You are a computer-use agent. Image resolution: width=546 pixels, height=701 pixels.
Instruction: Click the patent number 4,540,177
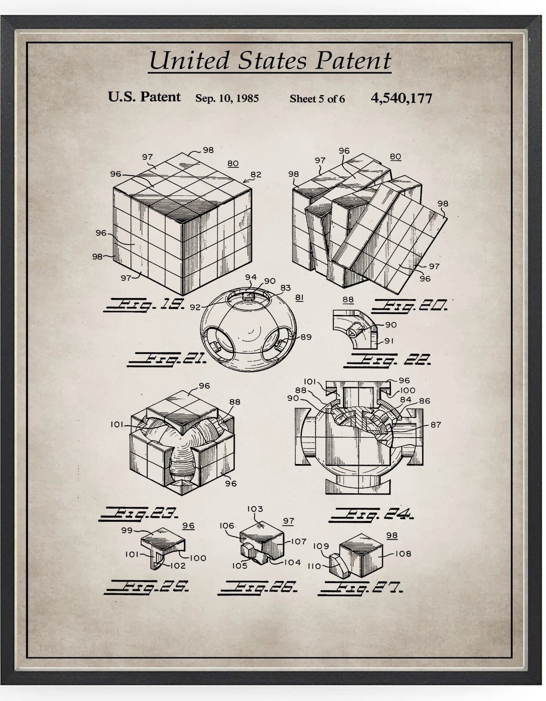401,98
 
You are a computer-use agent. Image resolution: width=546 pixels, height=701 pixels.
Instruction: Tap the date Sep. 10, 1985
227,99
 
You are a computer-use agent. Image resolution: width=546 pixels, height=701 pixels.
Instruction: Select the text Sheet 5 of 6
317,99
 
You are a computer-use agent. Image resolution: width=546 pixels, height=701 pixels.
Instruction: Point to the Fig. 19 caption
144,305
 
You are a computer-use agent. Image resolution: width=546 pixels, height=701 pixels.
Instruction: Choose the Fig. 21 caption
165,358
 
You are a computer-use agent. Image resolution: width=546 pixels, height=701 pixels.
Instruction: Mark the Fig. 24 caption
372,515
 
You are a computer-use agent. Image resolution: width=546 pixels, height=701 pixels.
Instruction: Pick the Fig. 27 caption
364,587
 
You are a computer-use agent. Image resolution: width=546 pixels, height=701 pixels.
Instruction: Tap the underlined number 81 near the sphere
300,298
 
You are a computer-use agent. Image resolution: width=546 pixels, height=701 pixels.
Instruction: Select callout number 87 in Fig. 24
435,424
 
